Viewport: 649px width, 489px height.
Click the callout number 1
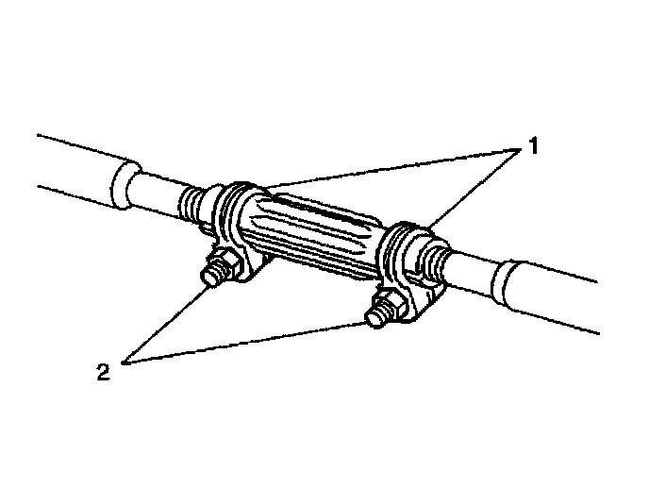coord(533,147)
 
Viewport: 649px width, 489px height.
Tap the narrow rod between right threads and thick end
coord(472,270)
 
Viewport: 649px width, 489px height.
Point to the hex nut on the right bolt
coord(391,303)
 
